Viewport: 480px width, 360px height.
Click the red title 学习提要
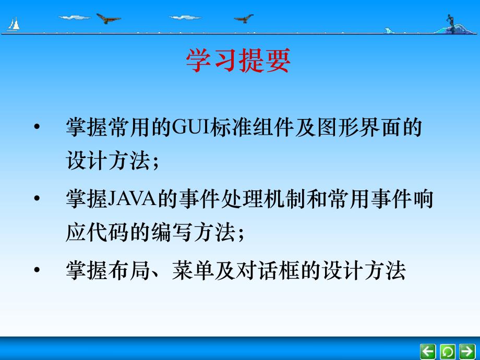click(238, 62)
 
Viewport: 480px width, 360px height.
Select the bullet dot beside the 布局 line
click(36, 271)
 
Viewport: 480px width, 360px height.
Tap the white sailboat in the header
click(14, 23)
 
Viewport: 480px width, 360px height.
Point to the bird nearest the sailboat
click(108, 19)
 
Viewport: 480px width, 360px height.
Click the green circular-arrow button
click(448, 351)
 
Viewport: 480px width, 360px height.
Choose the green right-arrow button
click(467, 351)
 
